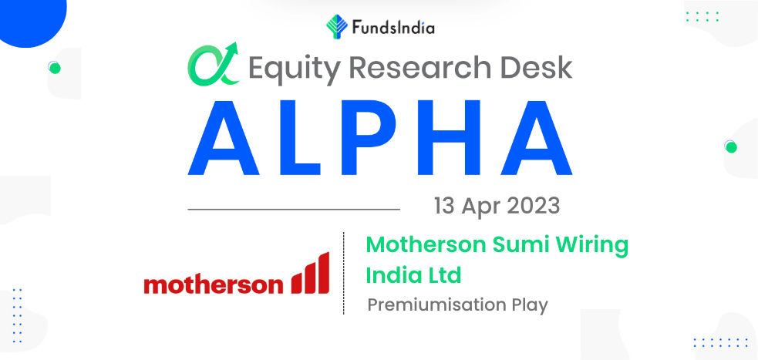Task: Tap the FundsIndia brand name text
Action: coord(392,29)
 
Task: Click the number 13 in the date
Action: coord(445,207)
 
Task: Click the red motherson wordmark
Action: coord(214,284)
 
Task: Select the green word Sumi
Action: coord(522,245)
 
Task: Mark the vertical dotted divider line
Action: coord(344,273)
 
